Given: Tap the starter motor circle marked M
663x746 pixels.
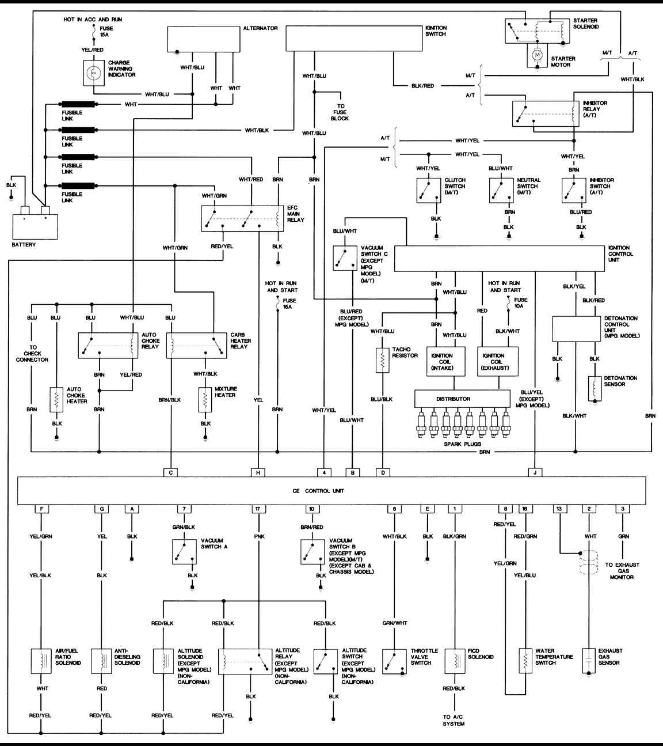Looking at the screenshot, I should (537, 56).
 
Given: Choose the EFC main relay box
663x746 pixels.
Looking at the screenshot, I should (243, 218).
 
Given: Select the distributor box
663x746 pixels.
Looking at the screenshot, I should (462, 399).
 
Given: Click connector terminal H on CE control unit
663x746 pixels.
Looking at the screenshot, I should (258, 472).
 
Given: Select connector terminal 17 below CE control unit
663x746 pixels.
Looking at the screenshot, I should (258, 509).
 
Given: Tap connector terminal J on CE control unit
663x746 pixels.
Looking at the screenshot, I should (535, 472).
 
